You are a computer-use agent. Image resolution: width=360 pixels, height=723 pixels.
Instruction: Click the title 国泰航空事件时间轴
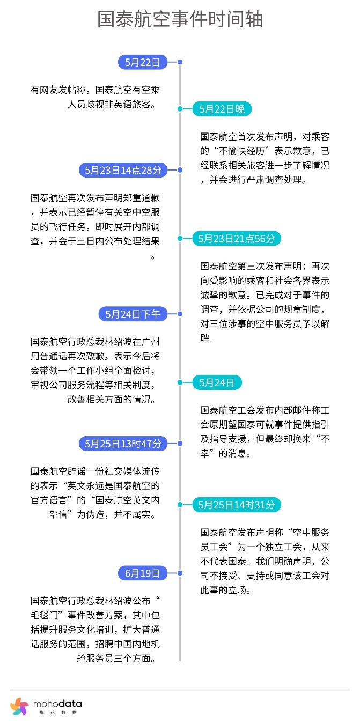tap(180, 19)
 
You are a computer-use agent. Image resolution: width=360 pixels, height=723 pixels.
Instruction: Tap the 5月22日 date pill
tap(143, 62)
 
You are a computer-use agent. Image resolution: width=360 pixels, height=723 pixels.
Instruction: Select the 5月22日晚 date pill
tap(222, 109)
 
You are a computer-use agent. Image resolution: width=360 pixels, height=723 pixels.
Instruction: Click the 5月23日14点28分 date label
tap(123, 170)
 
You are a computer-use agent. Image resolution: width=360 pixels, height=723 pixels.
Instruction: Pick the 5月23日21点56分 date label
tap(237, 239)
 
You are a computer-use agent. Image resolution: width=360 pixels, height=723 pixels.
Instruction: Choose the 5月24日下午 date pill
tap(133, 314)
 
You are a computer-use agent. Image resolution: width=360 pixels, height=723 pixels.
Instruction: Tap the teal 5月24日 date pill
tap(217, 382)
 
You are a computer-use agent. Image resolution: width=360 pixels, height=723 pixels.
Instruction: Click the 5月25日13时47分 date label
tap(123, 444)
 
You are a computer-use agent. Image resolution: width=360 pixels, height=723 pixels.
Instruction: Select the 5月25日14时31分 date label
tap(237, 505)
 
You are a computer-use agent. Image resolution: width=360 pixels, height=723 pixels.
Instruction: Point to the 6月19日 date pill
tap(143, 573)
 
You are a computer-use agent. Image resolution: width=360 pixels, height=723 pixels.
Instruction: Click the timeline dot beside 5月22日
tap(180, 62)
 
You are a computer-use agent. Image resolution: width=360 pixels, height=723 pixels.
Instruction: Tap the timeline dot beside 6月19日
tap(180, 573)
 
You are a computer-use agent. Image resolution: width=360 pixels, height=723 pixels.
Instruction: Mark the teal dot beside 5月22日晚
tap(180, 109)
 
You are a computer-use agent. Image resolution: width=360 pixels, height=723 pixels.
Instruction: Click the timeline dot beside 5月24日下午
tap(180, 314)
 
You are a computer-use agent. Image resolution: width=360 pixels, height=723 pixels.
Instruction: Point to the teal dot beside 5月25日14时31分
tap(180, 505)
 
